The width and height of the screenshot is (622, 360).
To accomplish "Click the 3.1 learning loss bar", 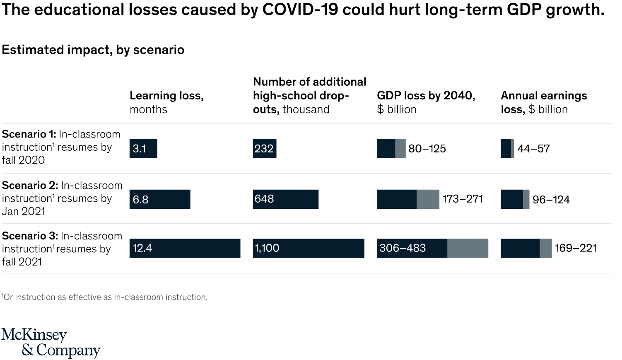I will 143,148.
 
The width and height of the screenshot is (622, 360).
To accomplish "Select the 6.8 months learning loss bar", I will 160,199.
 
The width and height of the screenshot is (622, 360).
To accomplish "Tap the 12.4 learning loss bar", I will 185,248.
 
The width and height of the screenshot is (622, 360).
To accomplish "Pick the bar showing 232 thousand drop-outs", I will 265,148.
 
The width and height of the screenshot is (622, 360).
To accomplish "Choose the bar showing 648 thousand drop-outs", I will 286,199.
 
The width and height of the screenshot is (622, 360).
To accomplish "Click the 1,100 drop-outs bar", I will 309,248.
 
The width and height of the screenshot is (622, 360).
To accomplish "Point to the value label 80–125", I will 427,149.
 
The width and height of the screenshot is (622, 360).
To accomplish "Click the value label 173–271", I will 463,199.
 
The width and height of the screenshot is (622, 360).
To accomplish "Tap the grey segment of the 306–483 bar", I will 468,248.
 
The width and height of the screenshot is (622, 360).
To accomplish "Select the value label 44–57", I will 533,149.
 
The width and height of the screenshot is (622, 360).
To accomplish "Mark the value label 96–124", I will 551,200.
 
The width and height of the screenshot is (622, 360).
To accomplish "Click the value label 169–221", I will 576,248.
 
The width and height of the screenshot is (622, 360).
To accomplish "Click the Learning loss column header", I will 166,102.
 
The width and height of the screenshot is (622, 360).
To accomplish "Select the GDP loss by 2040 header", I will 426,102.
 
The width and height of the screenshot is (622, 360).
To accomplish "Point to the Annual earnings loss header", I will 543,102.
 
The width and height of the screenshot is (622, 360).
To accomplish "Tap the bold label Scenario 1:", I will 29,134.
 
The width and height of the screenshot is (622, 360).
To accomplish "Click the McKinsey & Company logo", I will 51,342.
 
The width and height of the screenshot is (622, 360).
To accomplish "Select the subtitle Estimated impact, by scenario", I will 93,50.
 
